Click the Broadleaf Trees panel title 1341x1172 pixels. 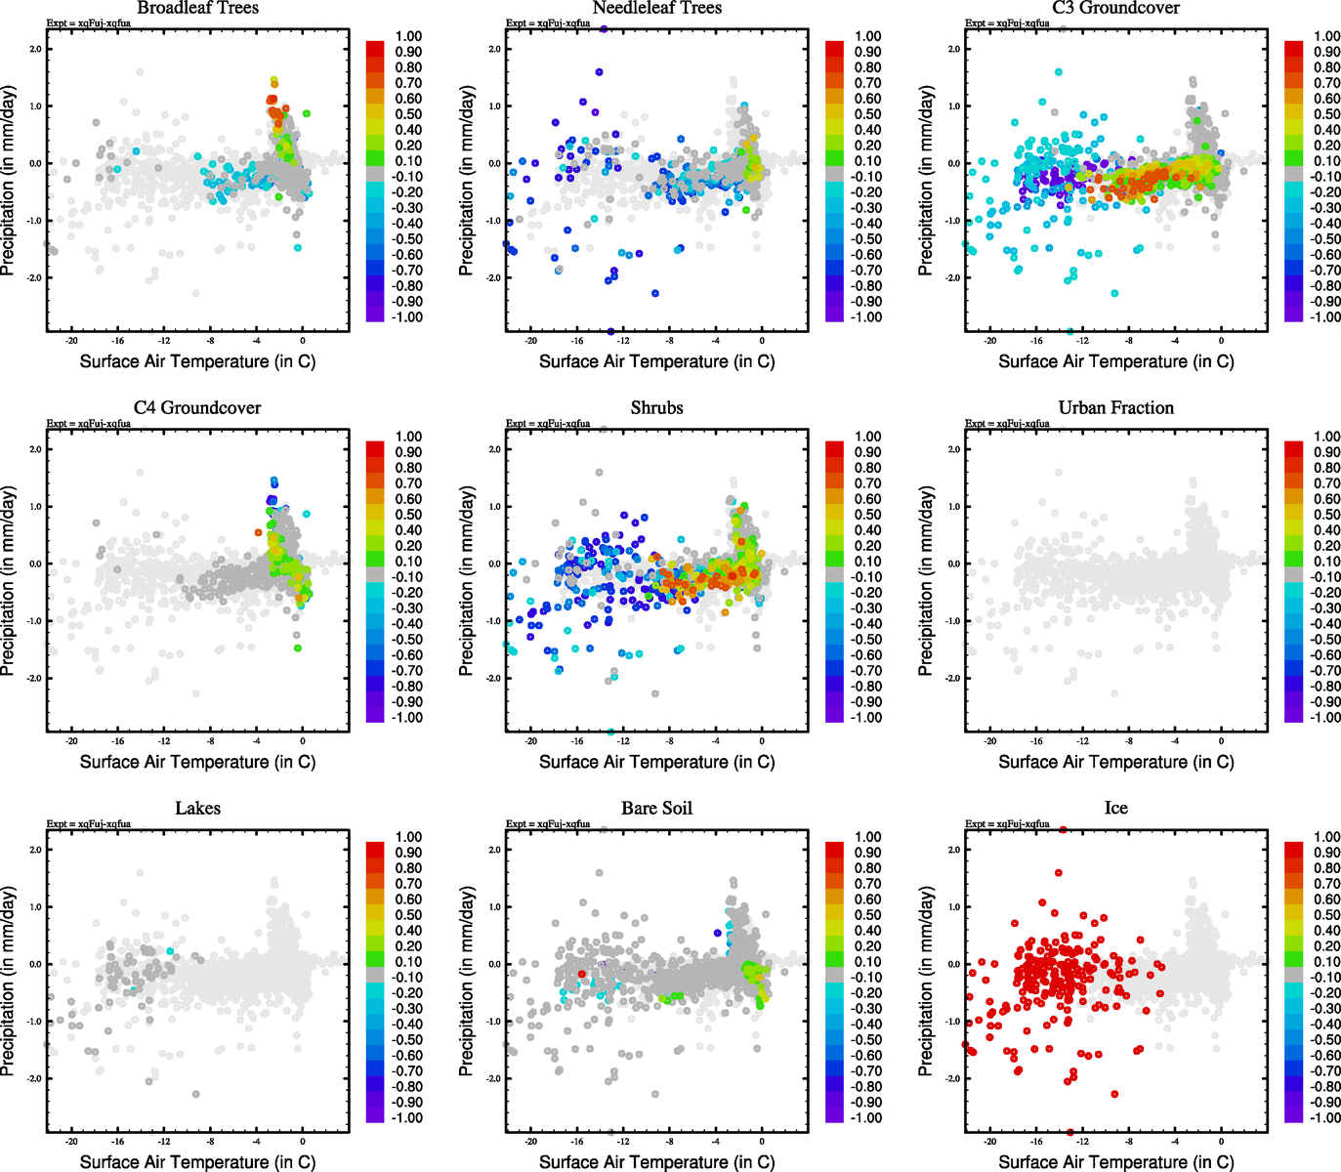click(x=197, y=8)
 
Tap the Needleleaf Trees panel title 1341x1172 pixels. click(x=656, y=8)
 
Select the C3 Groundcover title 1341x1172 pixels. click(x=1115, y=8)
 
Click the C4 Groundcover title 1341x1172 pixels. click(x=197, y=407)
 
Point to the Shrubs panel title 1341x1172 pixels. click(x=656, y=407)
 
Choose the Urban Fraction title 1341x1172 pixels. click(x=1115, y=407)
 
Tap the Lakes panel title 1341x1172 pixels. click(x=197, y=808)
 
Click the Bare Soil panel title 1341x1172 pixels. click(x=656, y=808)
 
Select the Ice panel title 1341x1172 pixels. click(x=1115, y=808)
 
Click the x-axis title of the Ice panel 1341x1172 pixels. click(x=1115, y=1161)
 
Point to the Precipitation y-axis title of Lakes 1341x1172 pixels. click(x=9, y=982)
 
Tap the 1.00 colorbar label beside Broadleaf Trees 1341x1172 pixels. click(x=408, y=36)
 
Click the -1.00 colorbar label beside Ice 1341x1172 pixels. click(x=1325, y=1117)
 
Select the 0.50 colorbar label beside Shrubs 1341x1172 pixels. click(x=868, y=515)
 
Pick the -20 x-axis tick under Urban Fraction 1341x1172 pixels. click(x=989, y=741)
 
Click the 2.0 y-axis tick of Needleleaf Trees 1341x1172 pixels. click(x=494, y=49)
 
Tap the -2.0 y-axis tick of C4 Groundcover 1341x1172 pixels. click(x=34, y=678)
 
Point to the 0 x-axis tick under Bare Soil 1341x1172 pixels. click(x=762, y=1142)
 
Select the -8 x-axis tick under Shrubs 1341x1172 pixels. click(x=669, y=741)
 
